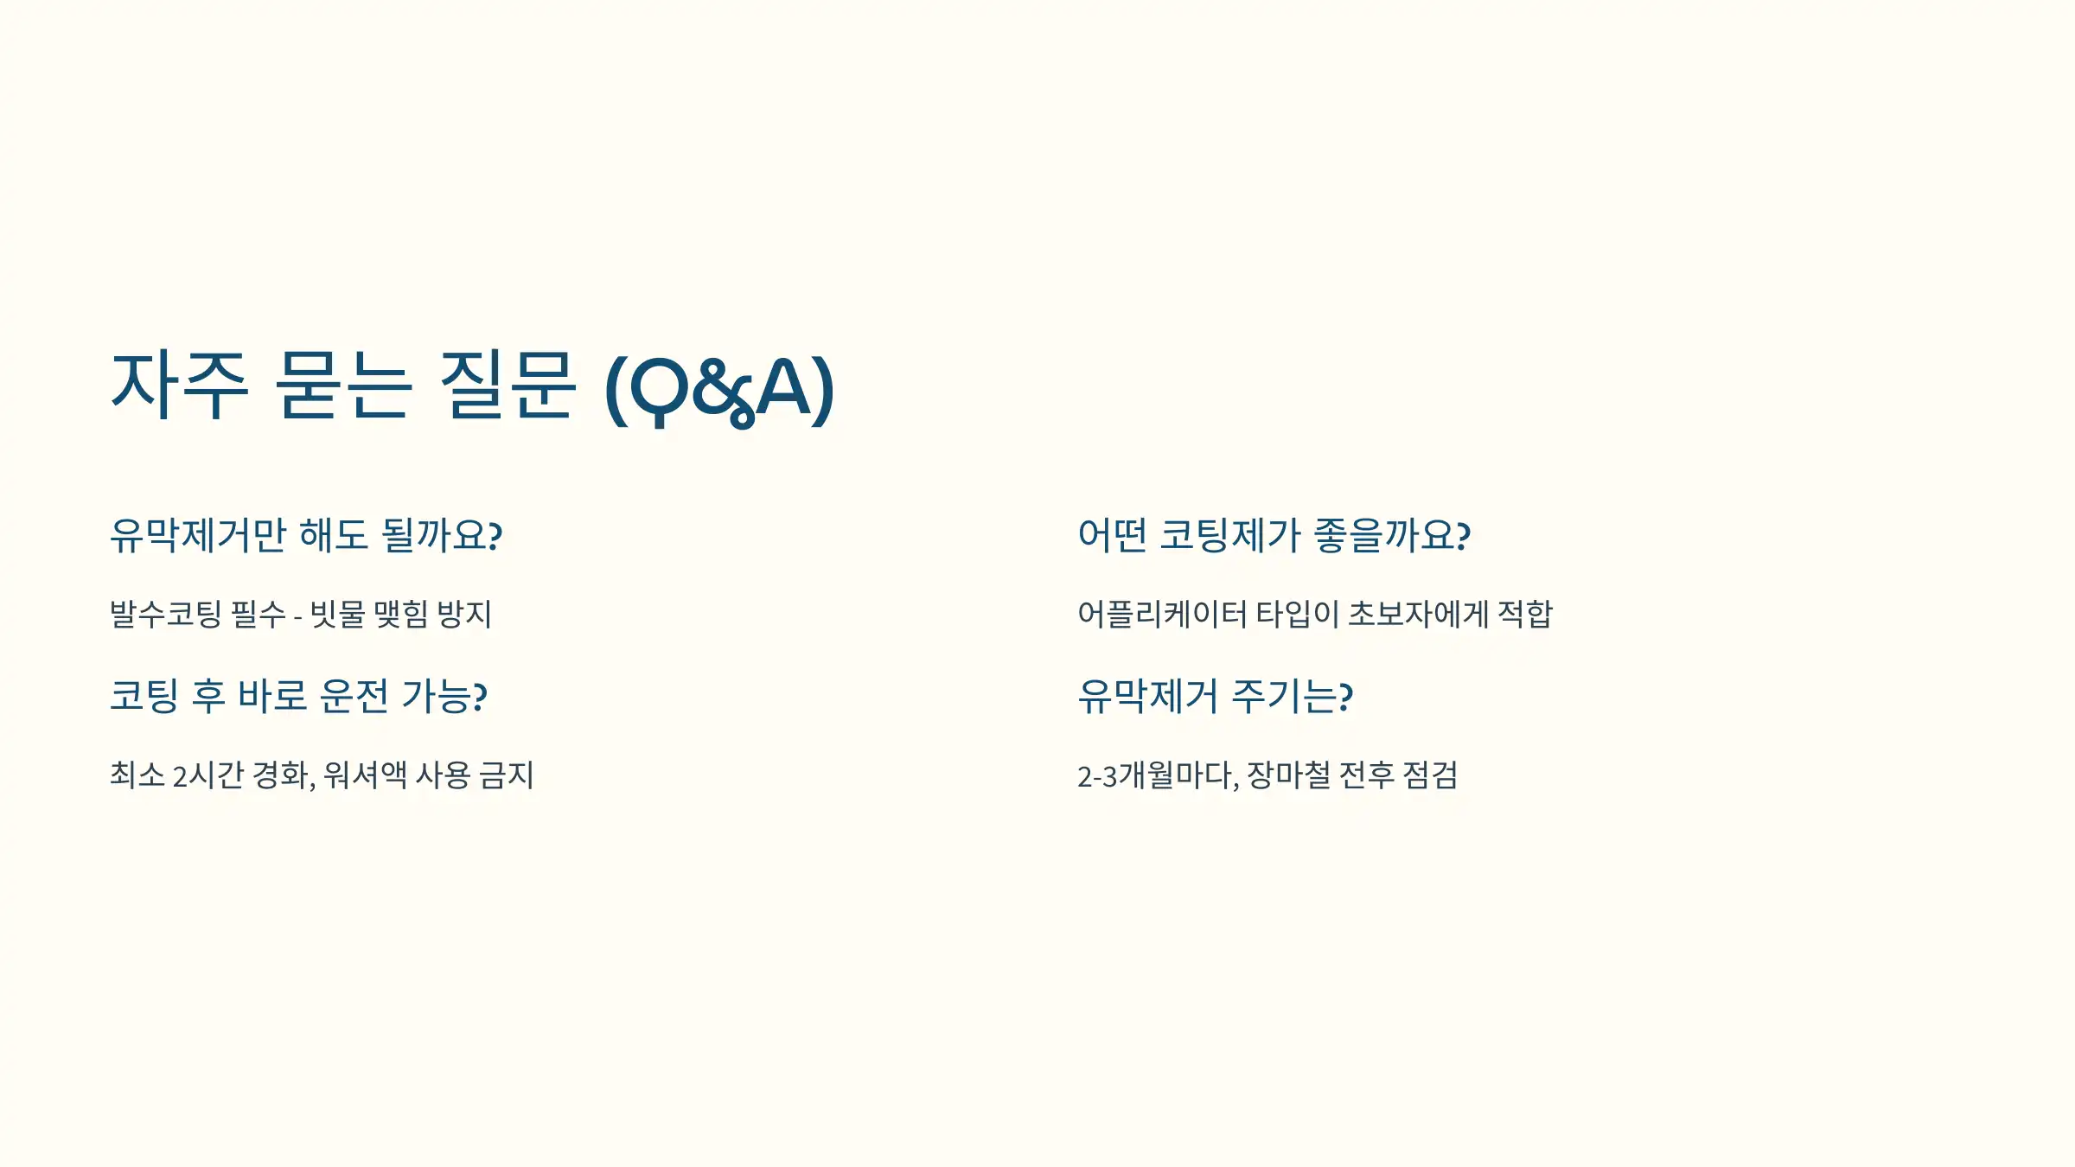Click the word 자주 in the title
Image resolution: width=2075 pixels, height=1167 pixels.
180,386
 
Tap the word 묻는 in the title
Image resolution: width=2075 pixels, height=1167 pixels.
341,386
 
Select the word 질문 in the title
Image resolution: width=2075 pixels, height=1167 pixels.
508,386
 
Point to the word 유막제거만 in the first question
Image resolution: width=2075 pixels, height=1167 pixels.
198,535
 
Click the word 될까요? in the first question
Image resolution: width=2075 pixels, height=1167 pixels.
442,535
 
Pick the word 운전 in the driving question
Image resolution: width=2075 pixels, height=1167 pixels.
354,697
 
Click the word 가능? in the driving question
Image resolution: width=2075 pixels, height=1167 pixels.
444,697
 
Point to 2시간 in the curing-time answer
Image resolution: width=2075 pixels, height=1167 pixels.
208,775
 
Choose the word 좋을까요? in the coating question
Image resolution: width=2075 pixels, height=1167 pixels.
1392,535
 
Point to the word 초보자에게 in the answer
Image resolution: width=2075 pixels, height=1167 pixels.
1418,615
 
